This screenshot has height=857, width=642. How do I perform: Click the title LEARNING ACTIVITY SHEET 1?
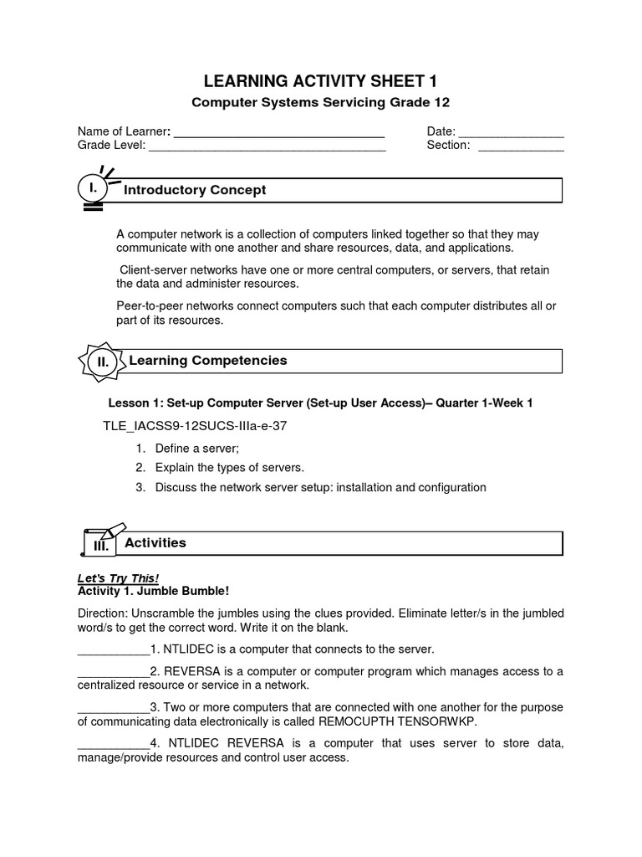coord(321,80)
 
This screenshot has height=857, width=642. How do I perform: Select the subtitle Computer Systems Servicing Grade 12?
coord(321,102)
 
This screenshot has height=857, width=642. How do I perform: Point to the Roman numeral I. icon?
coord(93,190)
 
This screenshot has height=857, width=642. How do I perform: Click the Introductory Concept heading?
coord(195,190)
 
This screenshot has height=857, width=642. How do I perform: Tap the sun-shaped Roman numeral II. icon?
coord(103,362)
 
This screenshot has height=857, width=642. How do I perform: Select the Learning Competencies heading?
coord(208,361)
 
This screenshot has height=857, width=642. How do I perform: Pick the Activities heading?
coord(155,543)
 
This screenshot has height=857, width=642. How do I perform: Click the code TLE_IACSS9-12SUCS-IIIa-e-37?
coord(195,426)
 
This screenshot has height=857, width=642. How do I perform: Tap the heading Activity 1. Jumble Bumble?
coord(147,591)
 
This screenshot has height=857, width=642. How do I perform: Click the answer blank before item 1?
coord(113,649)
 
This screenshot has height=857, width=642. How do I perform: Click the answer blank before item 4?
coord(113,744)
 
